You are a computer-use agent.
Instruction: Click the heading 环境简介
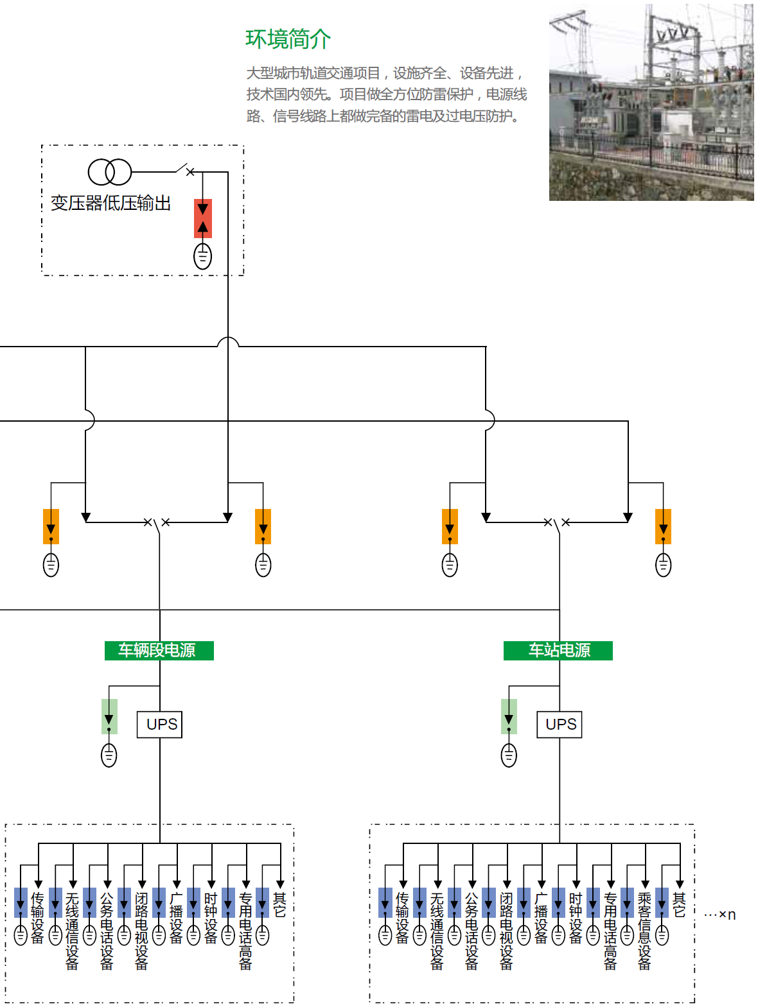click(288, 39)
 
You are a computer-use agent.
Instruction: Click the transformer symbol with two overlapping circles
click(109, 172)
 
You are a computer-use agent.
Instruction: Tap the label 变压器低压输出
click(110, 203)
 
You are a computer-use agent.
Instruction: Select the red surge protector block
click(203, 218)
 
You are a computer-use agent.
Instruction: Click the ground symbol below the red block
click(203, 257)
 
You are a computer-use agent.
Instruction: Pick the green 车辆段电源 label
click(159, 650)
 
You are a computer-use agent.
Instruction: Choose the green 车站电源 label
click(558, 650)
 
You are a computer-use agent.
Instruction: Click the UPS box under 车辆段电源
click(160, 725)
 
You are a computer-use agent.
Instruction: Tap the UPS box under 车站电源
click(560, 725)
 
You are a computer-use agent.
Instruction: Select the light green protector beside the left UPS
click(109, 716)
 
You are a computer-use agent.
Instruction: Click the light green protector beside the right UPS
click(509, 716)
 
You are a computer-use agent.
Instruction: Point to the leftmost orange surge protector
click(51, 526)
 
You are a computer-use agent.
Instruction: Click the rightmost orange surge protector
click(663, 526)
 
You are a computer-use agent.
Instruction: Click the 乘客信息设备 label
click(644, 930)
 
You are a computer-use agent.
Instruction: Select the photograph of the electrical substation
click(651, 103)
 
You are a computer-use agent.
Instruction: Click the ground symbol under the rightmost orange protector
click(663, 565)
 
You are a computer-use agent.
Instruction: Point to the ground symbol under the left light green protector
click(109, 755)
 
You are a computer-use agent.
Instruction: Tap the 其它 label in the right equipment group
click(679, 904)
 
